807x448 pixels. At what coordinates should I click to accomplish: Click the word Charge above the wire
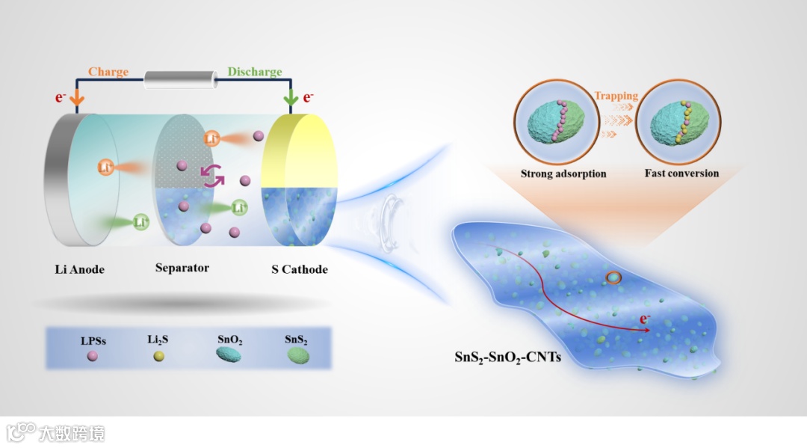pyautogui.click(x=108, y=72)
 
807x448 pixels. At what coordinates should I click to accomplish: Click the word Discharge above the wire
pyautogui.click(x=255, y=72)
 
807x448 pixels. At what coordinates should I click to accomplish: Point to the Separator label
pyautogui.click(x=182, y=267)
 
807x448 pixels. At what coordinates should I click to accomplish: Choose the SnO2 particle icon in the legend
pyautogui.click(x=229, y=358)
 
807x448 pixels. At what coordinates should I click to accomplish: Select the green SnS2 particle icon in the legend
pyautogui.click(x=297, y=358)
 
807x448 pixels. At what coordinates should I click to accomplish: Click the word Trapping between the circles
pyautogui.click(x=616, y=96)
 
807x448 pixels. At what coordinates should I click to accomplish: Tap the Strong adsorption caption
pyautogui.click(x=563, y=174)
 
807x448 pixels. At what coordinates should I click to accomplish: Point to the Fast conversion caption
pyautogui.click(x=681, y=174)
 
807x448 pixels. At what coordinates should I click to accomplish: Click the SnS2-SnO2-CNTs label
pyautogui.click(x=508, y=358)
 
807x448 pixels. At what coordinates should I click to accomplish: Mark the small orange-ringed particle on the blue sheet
pyautogui.click(x=613, y=278)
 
